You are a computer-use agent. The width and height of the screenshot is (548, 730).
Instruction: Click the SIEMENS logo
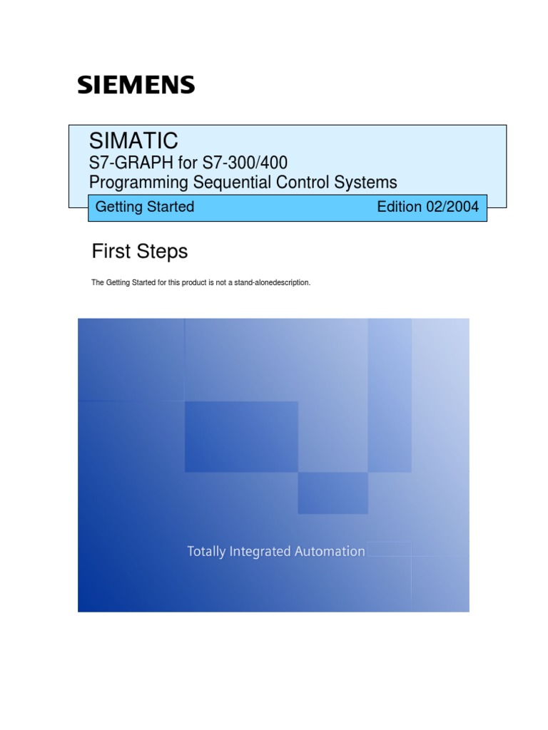136,86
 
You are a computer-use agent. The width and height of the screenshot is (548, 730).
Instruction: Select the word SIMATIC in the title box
133,140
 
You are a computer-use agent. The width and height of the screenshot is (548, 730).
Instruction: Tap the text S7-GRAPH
126,163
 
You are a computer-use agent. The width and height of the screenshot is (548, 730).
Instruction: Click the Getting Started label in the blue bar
145,207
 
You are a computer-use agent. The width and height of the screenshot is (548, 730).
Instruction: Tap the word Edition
400,207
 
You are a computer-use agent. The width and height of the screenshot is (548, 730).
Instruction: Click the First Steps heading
140,251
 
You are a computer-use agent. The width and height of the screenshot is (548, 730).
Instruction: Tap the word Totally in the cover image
208,551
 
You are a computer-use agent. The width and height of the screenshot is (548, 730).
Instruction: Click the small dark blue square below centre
333,493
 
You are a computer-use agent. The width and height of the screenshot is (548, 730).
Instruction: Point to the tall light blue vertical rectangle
390,395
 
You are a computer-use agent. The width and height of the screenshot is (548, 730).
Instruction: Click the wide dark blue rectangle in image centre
241,436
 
